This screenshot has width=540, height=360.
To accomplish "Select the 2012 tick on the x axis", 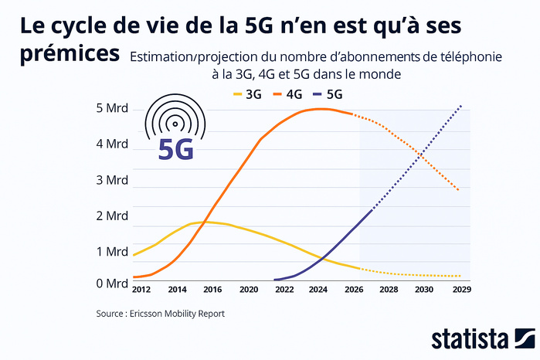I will [141, 290].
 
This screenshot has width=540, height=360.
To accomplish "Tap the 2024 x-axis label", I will [318, 290].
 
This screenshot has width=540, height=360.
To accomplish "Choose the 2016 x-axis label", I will [212, 290].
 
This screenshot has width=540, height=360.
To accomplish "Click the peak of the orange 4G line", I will [321, 109].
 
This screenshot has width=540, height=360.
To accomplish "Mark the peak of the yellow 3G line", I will [202, 222].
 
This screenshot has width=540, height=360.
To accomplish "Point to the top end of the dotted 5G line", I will [461, 105].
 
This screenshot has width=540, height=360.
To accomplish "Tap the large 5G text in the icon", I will [175, 149].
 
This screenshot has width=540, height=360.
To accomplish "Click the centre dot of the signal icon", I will [175, 122].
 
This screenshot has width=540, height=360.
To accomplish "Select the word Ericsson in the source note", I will [151, 314].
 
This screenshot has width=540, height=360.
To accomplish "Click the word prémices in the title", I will [70, 55].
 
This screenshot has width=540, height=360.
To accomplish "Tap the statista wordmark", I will [469, 339].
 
